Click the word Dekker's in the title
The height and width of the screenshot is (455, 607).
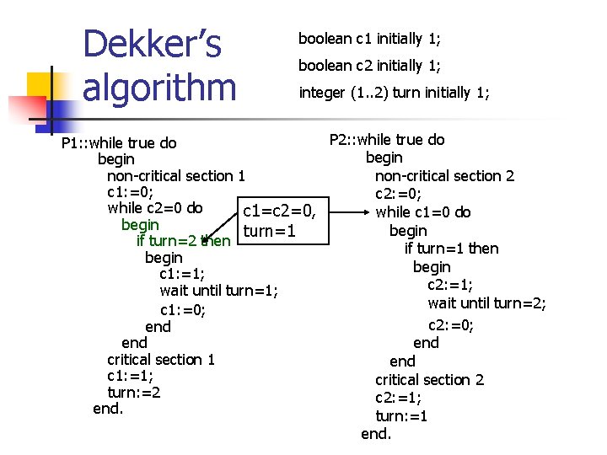pyautogui.click(x=152, y=45)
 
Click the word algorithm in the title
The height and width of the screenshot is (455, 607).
pyautogui.click(x=159, y=87)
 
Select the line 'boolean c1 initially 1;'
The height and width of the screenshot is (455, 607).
pyautogui.click(x=369, y=39)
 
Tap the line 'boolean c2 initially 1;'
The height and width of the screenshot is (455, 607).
pyautogui.click(x=370, y=66)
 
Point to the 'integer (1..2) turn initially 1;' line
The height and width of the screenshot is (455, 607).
pyautogui.click(x=394, y=93)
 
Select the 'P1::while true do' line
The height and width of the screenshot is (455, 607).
pyautogui.click(x=119, y=142)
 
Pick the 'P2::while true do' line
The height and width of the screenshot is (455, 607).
pyautogui.click(x=387, y=140)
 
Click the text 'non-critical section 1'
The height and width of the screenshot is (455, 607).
pyautogui.click(x=176, y=176)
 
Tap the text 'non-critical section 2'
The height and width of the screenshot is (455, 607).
pyautogui.click(x=444, y=176)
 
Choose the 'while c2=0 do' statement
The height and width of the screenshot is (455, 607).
pyautogui.click(x=155, y=208)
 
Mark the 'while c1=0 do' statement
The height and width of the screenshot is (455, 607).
pyautogui.click(x=423, y=212)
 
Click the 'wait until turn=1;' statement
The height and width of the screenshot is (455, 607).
pyautogui.click(x=219, y=291)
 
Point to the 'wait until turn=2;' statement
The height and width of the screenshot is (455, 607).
pyautogui.click(x=487, y=303)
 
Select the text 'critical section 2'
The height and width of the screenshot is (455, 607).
pyautogui.click(x=430, y=380)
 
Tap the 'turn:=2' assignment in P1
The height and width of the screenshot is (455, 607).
pyautogui.click(x=134, y=393)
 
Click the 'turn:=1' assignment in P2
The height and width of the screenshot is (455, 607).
pyautogui.click(x=401, y=416)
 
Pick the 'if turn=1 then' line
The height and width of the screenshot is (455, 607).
pyautogui.click(x=452, y=249)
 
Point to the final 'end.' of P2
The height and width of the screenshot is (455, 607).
pyautogui.click(x=376, y=434)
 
